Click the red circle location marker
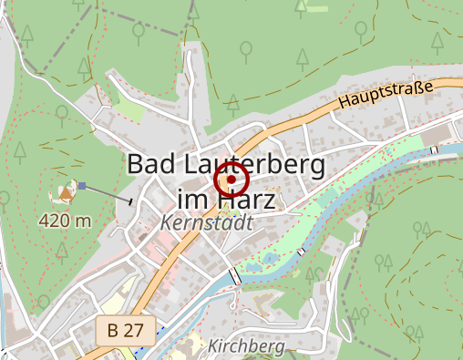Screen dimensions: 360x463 (231, 180)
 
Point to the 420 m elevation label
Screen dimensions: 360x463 (65, 221)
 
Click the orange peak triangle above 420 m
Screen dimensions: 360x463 (67, 191)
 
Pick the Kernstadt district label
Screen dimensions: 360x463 (206, 222)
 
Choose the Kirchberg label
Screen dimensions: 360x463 (246, 346)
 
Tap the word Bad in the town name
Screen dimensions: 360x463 (151, 165)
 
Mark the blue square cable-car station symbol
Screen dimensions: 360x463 (82, 186)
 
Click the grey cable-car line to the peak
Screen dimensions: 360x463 (108, 193)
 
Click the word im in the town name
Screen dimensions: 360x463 (190, 199)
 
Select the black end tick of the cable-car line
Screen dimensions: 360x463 (132, 201)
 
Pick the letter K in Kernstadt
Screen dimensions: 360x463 (166, 222)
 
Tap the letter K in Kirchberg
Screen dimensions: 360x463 (212, 346)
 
